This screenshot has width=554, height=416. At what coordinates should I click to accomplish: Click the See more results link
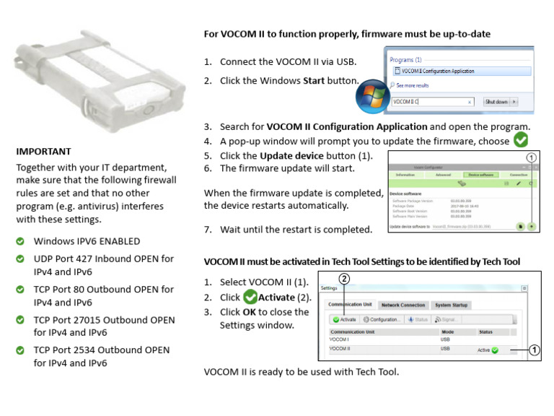coord(412,85)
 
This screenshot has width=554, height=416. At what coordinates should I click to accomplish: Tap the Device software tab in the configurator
coord(482,175)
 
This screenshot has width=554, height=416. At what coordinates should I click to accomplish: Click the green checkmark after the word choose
coord(520,139)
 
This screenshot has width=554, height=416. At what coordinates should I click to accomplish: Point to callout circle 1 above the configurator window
coord(532,157)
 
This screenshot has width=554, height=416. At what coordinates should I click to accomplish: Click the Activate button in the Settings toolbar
coord(345,319)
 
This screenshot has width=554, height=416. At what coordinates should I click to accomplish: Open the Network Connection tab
coord(403,305)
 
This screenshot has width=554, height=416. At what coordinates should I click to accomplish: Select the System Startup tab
coord(452,305)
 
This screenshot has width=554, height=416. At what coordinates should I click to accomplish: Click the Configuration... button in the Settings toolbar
coord(382,319)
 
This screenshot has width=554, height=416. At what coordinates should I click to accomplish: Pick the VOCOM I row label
coord(339,339)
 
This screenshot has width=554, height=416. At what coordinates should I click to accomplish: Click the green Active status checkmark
coord(495,350)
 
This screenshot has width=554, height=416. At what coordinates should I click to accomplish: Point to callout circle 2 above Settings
coord(344,279)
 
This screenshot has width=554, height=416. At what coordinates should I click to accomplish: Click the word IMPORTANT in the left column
coord(43,152)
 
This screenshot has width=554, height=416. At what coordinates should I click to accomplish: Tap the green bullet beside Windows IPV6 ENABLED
coord(21,241)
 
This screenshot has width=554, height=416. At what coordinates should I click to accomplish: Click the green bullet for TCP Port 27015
coord(21,320)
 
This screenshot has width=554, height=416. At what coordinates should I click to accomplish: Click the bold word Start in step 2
coord(313,81)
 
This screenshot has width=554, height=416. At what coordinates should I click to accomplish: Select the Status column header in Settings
coord(485,332)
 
